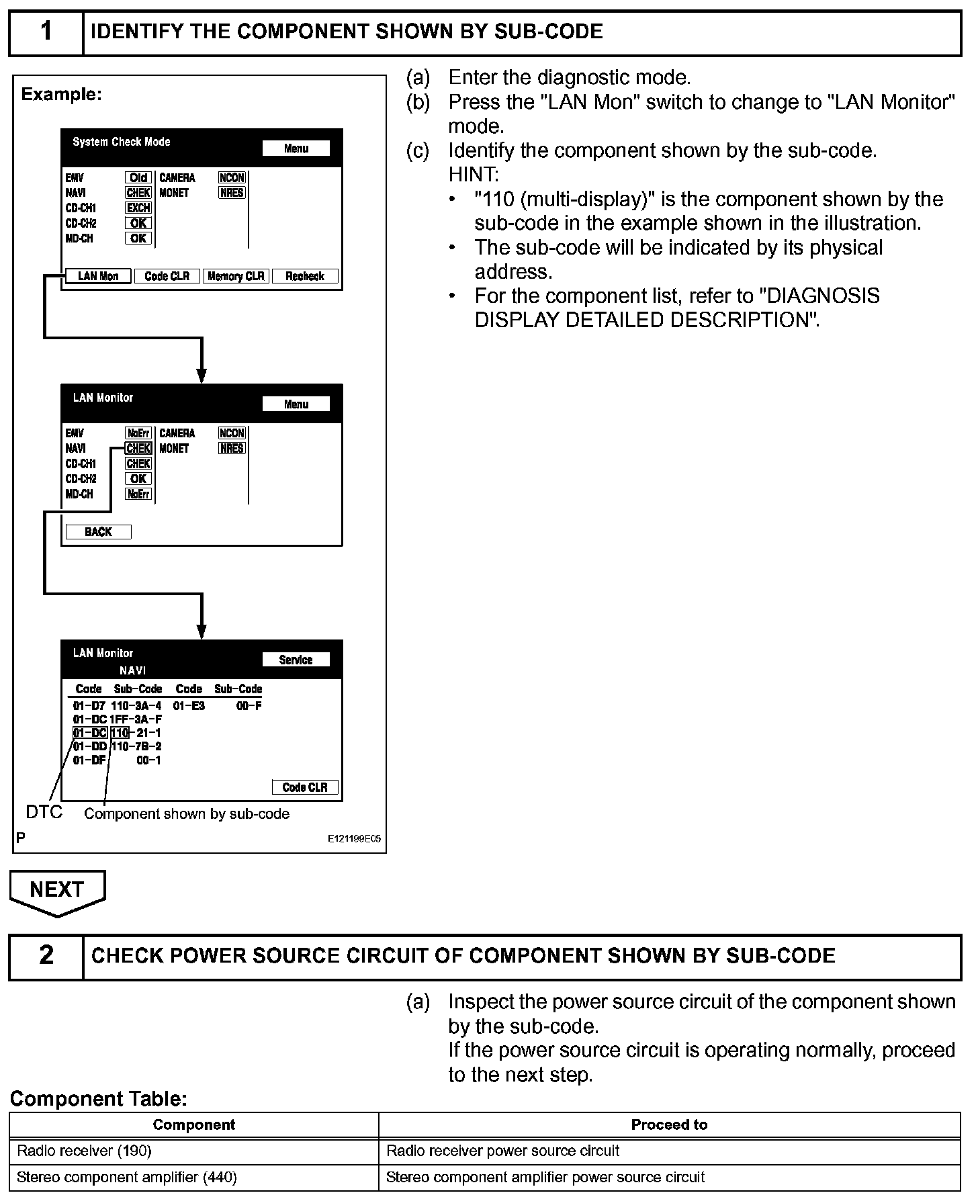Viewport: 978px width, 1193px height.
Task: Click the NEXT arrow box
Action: [x=57, y=891]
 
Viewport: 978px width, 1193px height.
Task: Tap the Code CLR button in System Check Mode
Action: [x=167, y=276]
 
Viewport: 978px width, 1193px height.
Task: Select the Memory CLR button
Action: [x=236, y=276]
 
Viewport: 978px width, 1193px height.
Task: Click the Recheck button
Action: [x=305, y=276]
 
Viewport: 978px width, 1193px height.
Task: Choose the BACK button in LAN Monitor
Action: [x=98, y=532]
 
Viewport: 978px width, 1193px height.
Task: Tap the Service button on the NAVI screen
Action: [x=296, y=660]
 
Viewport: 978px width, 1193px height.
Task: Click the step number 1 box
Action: [x=46, y=32]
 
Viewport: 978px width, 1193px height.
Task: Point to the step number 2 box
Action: [x=46, y=956]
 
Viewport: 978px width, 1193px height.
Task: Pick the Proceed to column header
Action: [x=669, y=1124]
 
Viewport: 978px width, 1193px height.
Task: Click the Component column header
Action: [x=193, y=1124]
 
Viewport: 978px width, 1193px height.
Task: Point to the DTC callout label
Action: [x=44, y=812]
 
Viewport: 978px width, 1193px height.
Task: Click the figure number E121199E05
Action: [x=354, y=839]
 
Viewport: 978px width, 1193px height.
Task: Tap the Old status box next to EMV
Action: [x=138, y=178]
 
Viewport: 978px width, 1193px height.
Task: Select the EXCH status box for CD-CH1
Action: [x=138, y=208]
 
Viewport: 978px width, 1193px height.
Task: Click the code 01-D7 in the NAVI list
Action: [x=89, y=706]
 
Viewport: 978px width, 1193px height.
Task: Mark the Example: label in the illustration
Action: [x=61, y=95]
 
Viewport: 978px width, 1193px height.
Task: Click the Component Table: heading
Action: [x=98, y=1099]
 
